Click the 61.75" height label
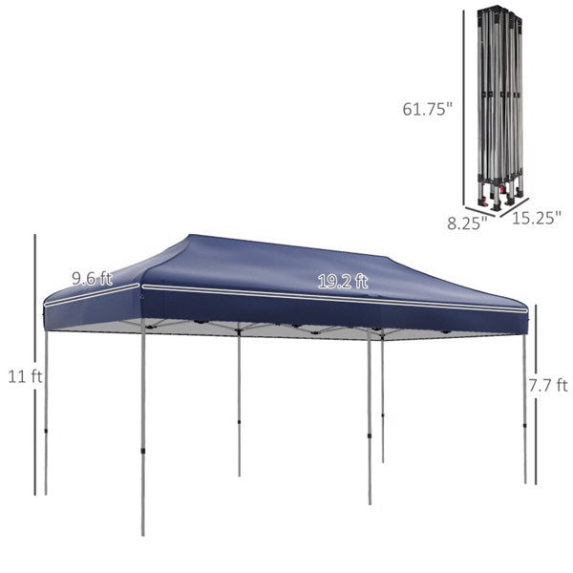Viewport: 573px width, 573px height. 427,109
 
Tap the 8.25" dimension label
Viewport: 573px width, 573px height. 467,223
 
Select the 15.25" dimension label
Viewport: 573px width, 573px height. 536,218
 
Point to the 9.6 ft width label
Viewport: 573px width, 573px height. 92,279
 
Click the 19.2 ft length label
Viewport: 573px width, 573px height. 343,282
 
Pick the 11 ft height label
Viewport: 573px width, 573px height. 25,376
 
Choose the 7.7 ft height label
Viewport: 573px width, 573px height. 548,385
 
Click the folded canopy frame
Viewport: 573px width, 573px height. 499,108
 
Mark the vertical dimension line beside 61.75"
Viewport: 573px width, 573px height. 464,107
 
